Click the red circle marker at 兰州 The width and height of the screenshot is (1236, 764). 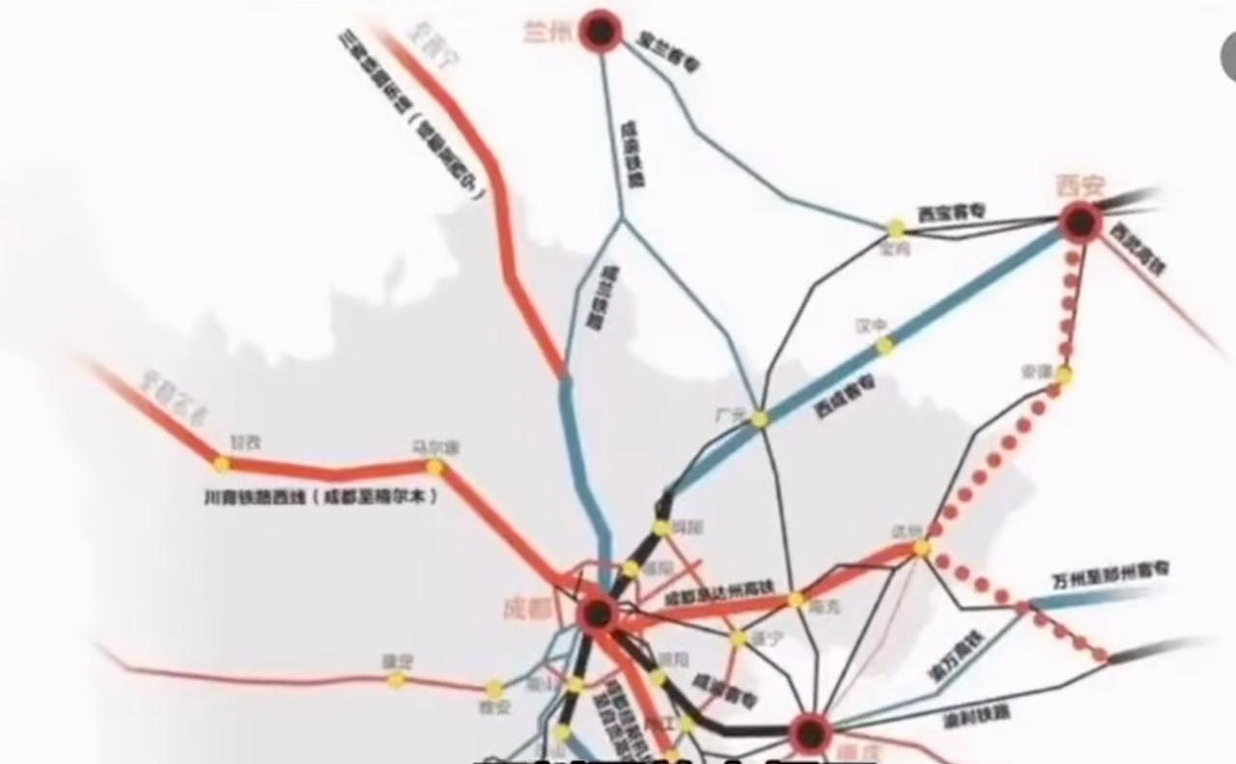(x=602, y=32)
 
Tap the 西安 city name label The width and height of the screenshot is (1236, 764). (x=1080, y=184)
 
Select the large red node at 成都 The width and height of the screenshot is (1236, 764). (x=598, y=612)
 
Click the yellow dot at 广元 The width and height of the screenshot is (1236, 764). (x=760, y=419)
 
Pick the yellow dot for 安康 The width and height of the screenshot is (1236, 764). (x=1064, y=375)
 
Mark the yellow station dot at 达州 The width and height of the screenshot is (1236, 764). (x=922, y=548)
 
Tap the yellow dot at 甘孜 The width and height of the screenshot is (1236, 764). (x=222, y=464)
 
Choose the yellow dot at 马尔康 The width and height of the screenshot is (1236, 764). (x=435, y=467)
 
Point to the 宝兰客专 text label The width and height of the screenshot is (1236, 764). (x=669, y=52)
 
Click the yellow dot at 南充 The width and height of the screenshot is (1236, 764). (x=796, y=601)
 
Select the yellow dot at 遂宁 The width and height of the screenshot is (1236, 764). (x=739, y=637)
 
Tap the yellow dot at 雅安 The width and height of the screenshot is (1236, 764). (x=495, y=689)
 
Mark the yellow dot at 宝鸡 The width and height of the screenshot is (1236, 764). (x=896, y=229)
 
